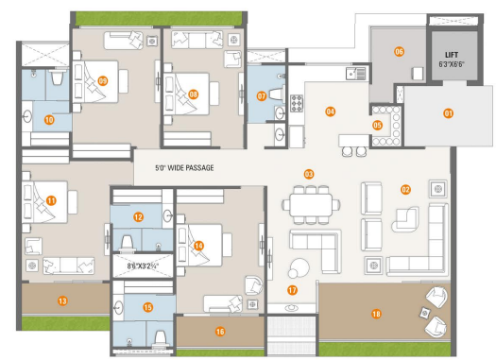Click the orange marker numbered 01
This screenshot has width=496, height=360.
pos(448,113)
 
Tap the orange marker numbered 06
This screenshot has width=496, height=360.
pos(399,52)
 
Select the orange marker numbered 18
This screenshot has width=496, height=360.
pos(376,314)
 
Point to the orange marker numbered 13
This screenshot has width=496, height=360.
pos(62,300)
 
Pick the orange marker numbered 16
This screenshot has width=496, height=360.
pos(220,332)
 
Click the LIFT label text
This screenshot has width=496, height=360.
pos(452,55)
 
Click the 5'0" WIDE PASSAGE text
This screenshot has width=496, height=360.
pos(184,167)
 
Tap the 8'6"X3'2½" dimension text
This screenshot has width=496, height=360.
pos(143,266)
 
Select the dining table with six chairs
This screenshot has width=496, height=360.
pos(311,205)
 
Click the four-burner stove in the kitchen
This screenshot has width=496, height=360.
pos(297,103)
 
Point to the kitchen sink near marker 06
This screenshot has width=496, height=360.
pos(355,74)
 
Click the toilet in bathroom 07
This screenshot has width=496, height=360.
pos(276,94)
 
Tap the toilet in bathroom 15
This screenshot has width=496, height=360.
pos(161,338)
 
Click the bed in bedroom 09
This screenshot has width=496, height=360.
pos(95,81)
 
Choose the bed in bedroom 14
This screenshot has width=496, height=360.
pos(199,245)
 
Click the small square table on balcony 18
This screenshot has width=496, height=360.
pos(424,313)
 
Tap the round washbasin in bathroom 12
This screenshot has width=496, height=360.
pos(168,216)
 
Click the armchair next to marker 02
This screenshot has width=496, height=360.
pos(405,219)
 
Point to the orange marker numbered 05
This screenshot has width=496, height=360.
pos(377,125)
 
